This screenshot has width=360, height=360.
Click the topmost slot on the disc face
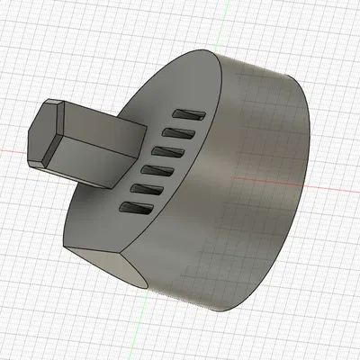191,114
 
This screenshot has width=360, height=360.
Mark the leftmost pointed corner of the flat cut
66,246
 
